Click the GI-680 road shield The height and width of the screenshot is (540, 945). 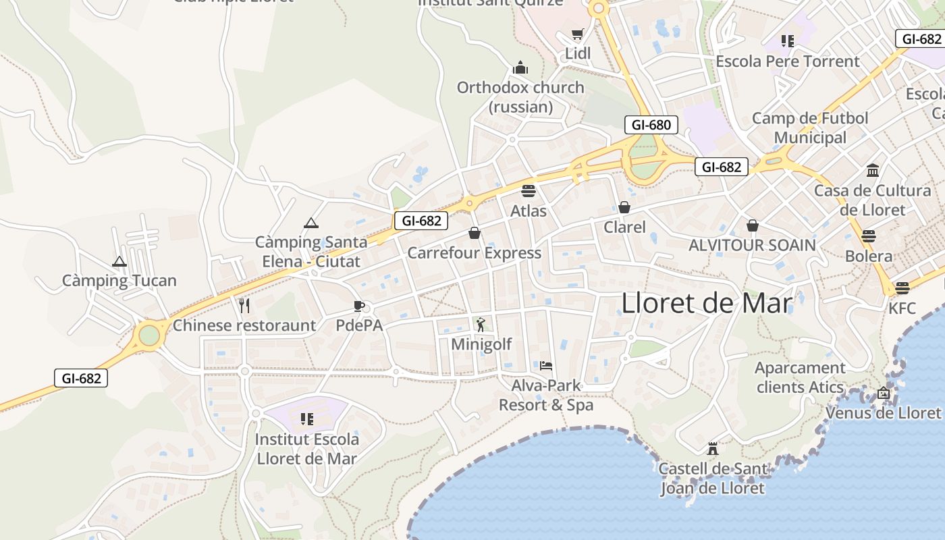(x=651, y=125)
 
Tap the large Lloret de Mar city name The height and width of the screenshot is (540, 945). (x=706, y=303)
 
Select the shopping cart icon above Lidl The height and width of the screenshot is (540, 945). (x=577, y=34)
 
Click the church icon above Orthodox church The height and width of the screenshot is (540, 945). (x=520, y=67)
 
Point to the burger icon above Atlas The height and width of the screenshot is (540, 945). (x=528, y=190)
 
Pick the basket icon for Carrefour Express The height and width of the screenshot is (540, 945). (x=475, y=234)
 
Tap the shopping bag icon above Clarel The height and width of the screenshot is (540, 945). (x=624, y=207)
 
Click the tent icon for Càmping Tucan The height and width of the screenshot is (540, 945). (x=119, y=261)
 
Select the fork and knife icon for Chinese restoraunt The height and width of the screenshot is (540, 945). (x=244, y=306)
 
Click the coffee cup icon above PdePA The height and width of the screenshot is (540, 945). (x=359, y=306)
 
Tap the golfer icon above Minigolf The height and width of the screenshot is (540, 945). (x=481, y=325)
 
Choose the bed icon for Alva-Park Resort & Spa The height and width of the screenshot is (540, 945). (x=546, y=366)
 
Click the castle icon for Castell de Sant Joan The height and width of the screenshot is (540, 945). (x=712, y=448)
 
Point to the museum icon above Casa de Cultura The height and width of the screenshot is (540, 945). (x=872, y=170)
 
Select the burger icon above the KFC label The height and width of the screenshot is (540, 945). (x=902, y=289)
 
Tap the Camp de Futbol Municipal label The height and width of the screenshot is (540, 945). (x=810, y=128)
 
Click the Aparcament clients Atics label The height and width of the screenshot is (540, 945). (x=800, y=377)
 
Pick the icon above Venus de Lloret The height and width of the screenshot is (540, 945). (x=884, y=392)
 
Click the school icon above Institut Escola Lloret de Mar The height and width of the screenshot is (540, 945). (x=306, y=419)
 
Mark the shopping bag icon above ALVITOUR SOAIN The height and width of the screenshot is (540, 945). (x=752, y=225)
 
